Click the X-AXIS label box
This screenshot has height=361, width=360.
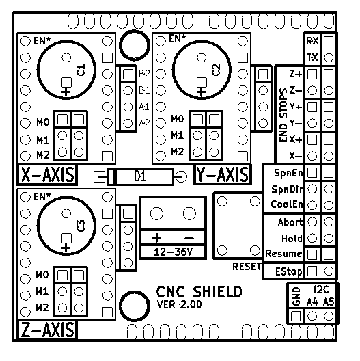(x=47, y=174)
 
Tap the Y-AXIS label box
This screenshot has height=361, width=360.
(x=223, y=174)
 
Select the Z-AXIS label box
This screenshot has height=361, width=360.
(x=47, y=330)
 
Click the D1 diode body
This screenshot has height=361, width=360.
(x=140, y=177)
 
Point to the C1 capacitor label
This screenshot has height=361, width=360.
(x=81, y=70)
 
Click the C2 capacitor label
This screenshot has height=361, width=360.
(x=217, y=70)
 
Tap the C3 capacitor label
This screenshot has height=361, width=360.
(x=81, y=226)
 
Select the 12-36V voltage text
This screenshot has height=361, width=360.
(x=173, y=252)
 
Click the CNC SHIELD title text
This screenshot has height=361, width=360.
(x=199, y=292)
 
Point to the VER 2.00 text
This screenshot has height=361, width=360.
(x=180, y=304)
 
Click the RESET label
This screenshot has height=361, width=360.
(x=247, y=267)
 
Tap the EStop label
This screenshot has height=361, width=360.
(x=289, y=272)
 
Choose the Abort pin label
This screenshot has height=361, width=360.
(x=290, y=222)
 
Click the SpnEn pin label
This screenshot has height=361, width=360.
(x=288, y=173)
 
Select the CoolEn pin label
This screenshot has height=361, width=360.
(x=287, y=204)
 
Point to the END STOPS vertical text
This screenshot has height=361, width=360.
(x=283, y=115)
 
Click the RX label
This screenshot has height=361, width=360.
(x=312, y=41)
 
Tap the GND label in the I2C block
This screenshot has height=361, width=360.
(x=296, y=296)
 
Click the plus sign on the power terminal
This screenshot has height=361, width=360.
(x=156, y=238)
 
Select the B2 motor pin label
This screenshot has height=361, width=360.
(x=144, y=74)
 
